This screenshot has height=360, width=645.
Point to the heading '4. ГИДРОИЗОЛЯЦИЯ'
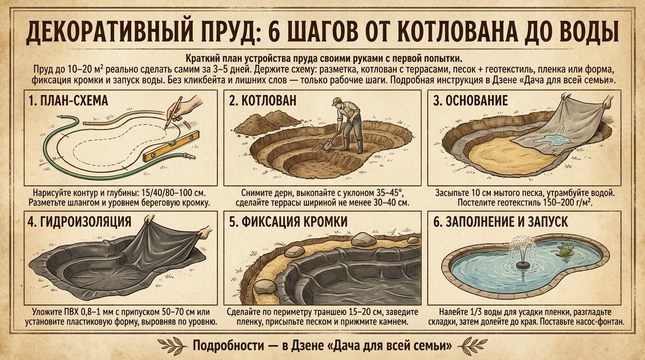click(79, 221)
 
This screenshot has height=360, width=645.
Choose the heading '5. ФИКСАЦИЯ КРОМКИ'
click(287, 221)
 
